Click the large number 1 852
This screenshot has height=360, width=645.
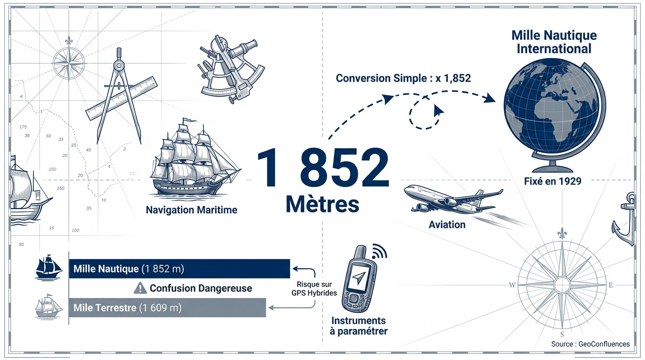(323, 168)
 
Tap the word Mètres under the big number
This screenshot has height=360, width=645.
(322, 204)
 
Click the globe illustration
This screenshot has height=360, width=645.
(555, 115)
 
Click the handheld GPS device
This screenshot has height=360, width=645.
(359, 279)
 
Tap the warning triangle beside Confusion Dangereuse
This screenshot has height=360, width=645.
(140, 288)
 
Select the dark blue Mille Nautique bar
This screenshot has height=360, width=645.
(180, 269)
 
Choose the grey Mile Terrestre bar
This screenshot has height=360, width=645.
(167, 307)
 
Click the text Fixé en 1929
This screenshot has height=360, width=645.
(553, 181)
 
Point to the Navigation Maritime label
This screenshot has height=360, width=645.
(191, 210)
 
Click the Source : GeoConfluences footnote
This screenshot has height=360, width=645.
(590, 344)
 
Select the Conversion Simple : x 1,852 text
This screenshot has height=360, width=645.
(404, 78)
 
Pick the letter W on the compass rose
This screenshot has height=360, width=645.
(512, 285)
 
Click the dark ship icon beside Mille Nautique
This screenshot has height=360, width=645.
(48, 267)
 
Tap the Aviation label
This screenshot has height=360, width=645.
(447, 225)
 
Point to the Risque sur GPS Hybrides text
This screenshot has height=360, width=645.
(314, 289)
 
